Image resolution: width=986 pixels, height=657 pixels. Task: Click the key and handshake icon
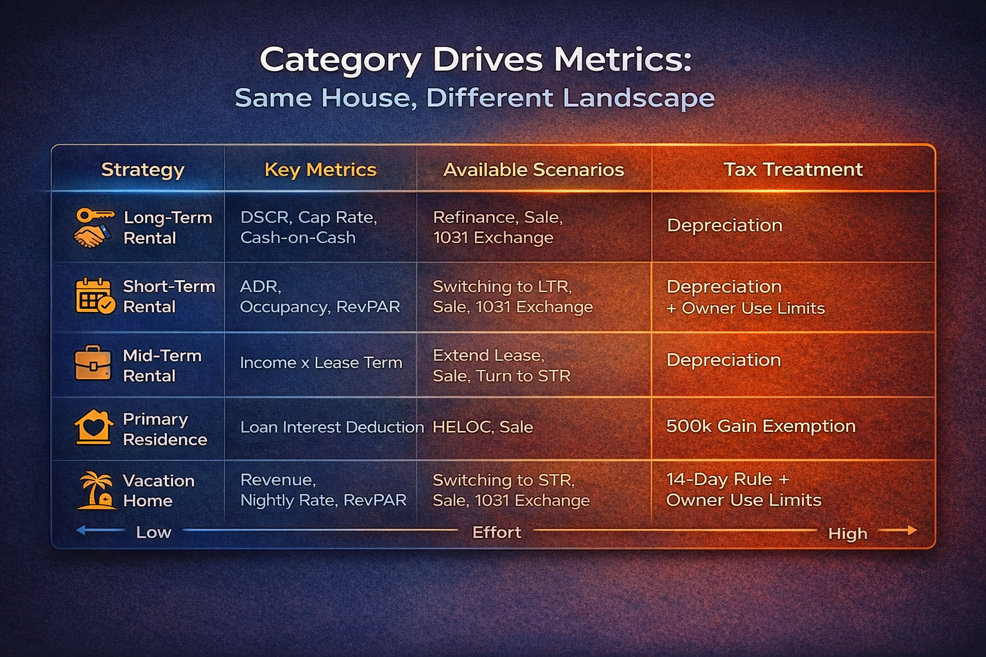pos(92,227)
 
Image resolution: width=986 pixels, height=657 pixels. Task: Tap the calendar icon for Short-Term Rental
pos(94,296)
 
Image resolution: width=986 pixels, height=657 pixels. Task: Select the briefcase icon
pos(93,363)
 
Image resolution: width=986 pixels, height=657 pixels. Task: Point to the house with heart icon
pos(94,427)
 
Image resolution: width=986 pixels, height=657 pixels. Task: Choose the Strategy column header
pos(143,169)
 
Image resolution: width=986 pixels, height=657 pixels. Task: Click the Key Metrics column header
pos(320,169)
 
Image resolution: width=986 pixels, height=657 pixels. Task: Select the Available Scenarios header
pos(533,169)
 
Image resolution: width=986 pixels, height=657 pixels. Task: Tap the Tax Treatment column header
pos(793,169)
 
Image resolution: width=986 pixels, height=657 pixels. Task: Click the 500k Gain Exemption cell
pos(761,426)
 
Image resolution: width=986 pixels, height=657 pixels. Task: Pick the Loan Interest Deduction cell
pos(332,427)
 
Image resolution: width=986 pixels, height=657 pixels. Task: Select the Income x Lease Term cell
pos(321,363)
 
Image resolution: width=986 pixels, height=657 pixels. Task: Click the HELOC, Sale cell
pos(483,427)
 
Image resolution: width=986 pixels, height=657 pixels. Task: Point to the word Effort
pos(496,532)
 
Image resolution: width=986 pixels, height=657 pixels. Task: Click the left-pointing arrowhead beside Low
pos(81,530)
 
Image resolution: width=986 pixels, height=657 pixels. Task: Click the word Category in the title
pos(340,61)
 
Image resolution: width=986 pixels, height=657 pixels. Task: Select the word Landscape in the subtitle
pos(639,98)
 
